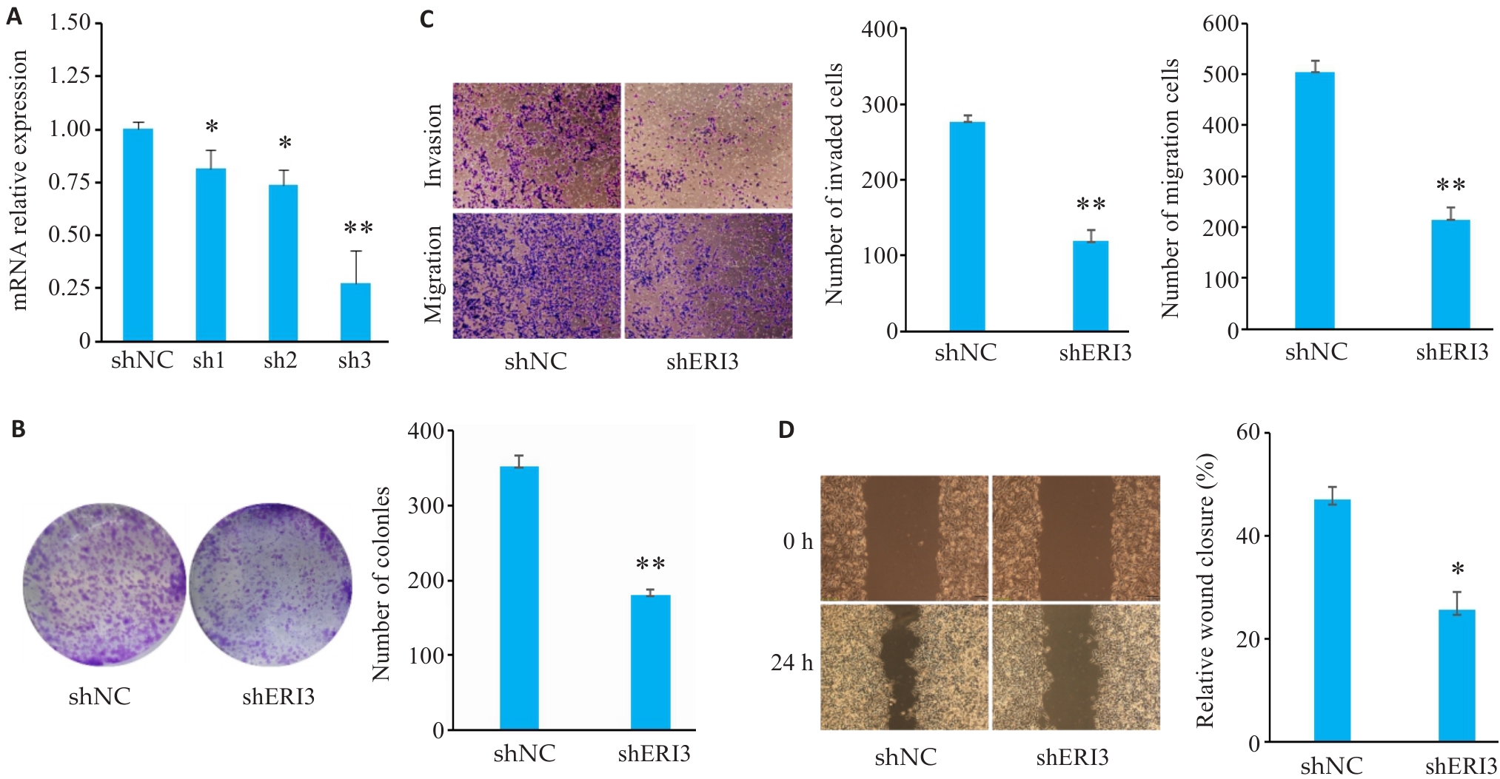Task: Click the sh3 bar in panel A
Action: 355,311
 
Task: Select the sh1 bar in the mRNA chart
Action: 210,254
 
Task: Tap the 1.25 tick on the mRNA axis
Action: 70,75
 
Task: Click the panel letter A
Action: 14,16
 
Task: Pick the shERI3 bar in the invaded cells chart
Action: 1090,286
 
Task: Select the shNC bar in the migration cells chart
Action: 1314,200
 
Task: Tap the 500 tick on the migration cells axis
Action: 1222,75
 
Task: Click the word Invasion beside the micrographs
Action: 432,145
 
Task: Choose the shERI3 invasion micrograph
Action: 708,145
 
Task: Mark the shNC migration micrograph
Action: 536,276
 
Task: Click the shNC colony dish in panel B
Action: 104,584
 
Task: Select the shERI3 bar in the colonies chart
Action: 650,662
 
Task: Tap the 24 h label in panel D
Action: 791,663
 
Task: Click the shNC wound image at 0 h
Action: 904,538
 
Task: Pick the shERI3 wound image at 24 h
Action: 1075,667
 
